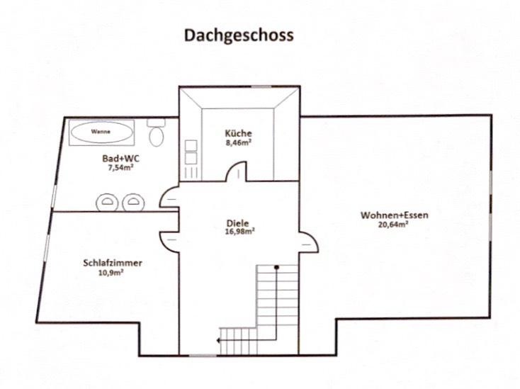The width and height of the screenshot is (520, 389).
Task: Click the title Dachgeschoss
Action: (239, 35)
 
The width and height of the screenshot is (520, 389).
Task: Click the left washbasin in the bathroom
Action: (106, 202)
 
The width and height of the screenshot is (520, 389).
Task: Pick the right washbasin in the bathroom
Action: (132, 202)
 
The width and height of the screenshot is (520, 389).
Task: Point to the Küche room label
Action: (238, 133)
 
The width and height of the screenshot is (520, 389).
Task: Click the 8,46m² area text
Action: (238, 142)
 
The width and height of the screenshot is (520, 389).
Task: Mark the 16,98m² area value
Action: (240, 230)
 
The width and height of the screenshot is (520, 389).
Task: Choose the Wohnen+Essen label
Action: (394, 215)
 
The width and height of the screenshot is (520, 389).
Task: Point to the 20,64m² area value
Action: (394, 225)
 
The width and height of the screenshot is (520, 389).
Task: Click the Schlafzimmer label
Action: (113, 263)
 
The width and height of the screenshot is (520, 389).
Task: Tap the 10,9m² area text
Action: (111, 272)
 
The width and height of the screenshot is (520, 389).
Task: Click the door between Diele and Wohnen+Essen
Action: (308, 243)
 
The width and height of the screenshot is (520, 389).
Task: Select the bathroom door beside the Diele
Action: (169, 196)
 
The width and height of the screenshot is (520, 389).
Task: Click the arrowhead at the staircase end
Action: (220, 342)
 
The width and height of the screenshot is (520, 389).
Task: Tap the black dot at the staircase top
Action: (277, 267)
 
